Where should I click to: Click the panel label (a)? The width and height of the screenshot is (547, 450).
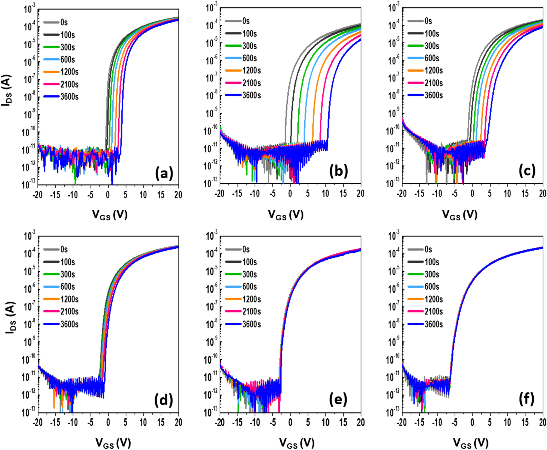pos(164,173)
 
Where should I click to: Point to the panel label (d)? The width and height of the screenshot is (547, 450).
pos(164,400)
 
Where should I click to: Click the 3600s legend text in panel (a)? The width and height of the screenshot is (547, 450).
pos(70,97)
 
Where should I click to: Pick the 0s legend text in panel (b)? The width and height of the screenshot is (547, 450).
pos(246,21)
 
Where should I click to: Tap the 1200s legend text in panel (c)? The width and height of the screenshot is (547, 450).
pos(434,70)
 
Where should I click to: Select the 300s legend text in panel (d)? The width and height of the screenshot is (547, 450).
pos(68,274)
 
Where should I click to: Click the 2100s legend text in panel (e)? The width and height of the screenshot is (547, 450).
pos(252,311)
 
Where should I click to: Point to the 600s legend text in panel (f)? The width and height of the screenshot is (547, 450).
pos(432,287)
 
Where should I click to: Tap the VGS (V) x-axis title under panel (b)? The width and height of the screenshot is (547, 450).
pos(286,215)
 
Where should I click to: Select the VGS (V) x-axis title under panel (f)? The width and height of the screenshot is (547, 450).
pos(470,443)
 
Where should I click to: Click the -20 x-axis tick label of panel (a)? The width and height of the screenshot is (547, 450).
pos(37,194)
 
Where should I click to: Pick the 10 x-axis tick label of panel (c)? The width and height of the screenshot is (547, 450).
pos(507,193)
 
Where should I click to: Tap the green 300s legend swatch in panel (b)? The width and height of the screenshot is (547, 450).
pos(233,46)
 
